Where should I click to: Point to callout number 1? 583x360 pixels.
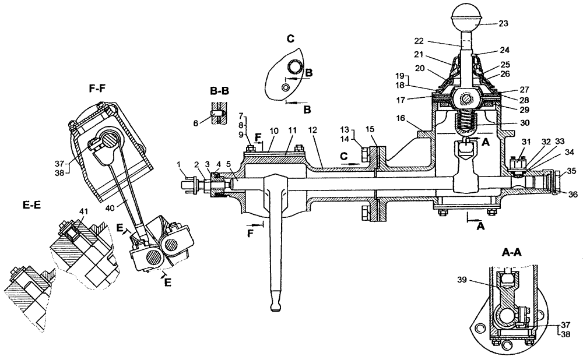181,165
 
